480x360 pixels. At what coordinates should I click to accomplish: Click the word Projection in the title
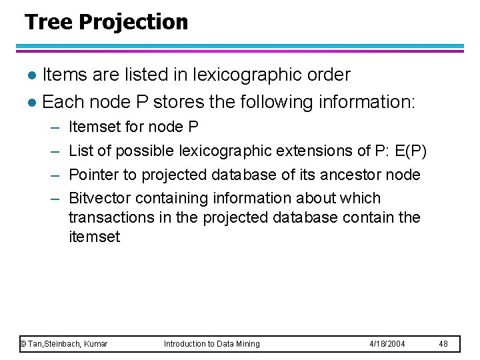tap(133, 23)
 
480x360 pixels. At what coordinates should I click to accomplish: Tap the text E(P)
tap(410, 151)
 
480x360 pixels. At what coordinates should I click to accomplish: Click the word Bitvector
tap(99, 198)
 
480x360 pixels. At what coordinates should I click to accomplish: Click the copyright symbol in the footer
tap(23, 344)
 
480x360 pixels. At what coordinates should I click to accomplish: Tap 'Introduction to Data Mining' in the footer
tap(212, 344)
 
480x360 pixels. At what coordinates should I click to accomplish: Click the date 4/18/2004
tap(387, 344)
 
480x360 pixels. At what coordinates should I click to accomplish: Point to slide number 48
tap(444, 344)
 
